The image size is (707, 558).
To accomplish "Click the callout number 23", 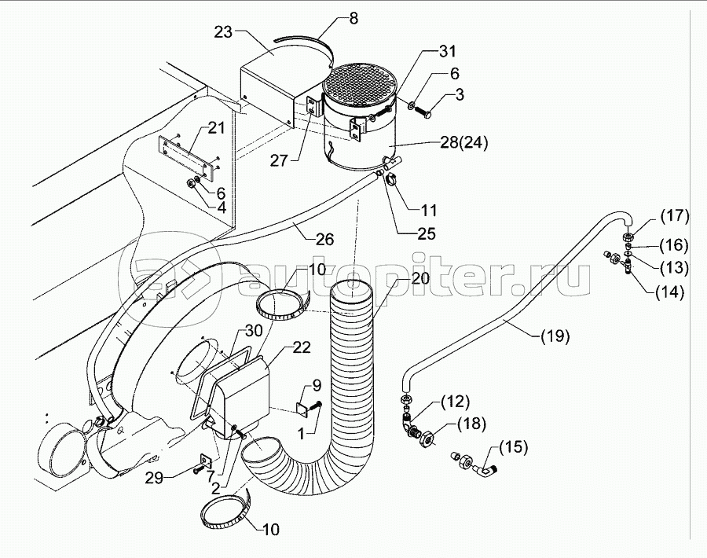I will coord(224,31).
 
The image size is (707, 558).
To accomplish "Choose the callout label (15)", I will coord(511,447).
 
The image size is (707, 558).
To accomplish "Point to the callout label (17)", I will coord(674,215).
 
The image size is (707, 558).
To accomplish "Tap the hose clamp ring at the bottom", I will coord(225,512).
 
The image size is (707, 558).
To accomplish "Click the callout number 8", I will coord(353,17).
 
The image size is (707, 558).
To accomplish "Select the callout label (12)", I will coord(455,402).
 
